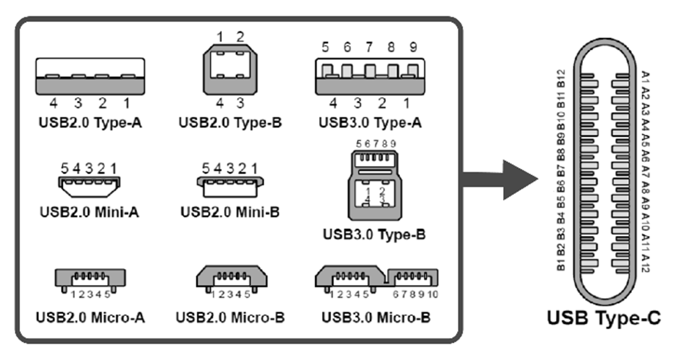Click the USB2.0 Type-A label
[x=90, y=123]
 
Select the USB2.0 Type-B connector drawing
[x=230, y=70]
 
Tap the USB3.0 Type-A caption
[x=370, y=123]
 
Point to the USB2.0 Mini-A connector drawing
[x=89, y=187]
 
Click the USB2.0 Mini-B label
[x=230, y=212]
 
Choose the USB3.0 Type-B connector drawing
[x=375, y=186]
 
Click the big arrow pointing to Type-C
[x=500, y=180]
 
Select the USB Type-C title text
[x=604, y=318]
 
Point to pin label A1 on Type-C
[x=646, y=77]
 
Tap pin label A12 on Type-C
[x=646, y=263]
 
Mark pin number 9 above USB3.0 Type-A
[x=414, y=47]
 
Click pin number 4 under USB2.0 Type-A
[x=54, y=103]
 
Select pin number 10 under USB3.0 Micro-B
[x=433, y=294]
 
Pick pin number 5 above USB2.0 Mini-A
[x=65, y=168]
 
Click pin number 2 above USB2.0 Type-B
[x=240, y=37]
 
